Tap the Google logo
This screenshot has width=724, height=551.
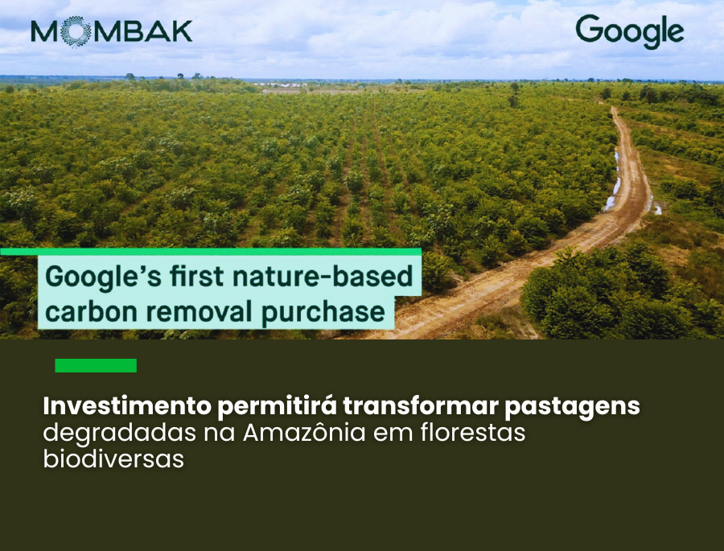point(629,31)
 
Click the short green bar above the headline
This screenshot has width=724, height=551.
point(96,366)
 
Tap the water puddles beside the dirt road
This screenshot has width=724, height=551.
point(615,181)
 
